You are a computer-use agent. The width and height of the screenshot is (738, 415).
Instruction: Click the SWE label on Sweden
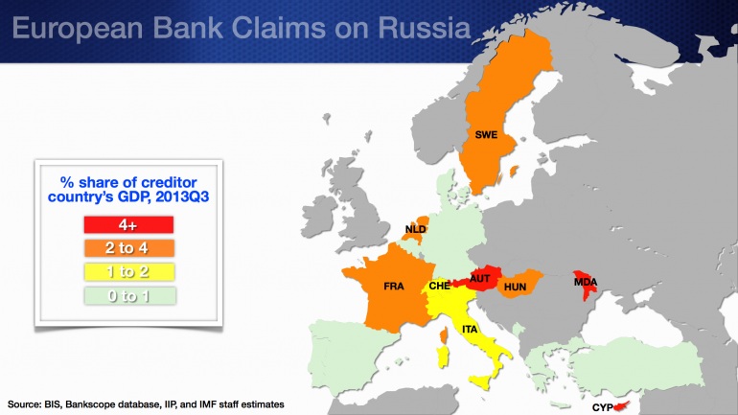[x=485, y=135]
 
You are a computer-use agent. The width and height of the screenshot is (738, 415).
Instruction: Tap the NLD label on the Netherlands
[x=415, y=230]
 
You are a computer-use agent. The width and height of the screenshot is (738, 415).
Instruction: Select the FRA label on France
[x=393, y=287]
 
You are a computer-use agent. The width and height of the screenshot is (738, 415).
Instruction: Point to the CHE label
[x=440, y=286]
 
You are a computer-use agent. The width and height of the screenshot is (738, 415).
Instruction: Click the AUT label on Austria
[x=480, y=278]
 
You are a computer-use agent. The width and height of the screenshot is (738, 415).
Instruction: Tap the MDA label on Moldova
[x=585, y=282]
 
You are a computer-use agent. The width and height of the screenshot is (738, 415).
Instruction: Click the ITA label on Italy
[x=470, y=330]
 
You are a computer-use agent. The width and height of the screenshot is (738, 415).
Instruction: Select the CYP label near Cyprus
[x=602, y=407]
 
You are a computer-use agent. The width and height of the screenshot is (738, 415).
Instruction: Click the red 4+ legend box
[x=127, y=224]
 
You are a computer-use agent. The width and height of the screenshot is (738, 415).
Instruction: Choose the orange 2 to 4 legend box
[x=127, y=248]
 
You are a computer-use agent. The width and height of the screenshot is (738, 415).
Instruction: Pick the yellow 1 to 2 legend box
[x=127, y=272]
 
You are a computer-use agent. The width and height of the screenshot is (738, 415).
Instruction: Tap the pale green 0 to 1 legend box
[x=127, y=296]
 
